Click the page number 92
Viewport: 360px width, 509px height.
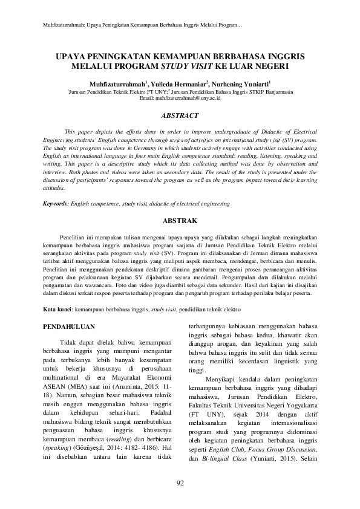[180, 482]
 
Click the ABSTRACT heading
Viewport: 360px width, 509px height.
[180, 115]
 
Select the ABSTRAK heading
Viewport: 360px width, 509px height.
[180, 221]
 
